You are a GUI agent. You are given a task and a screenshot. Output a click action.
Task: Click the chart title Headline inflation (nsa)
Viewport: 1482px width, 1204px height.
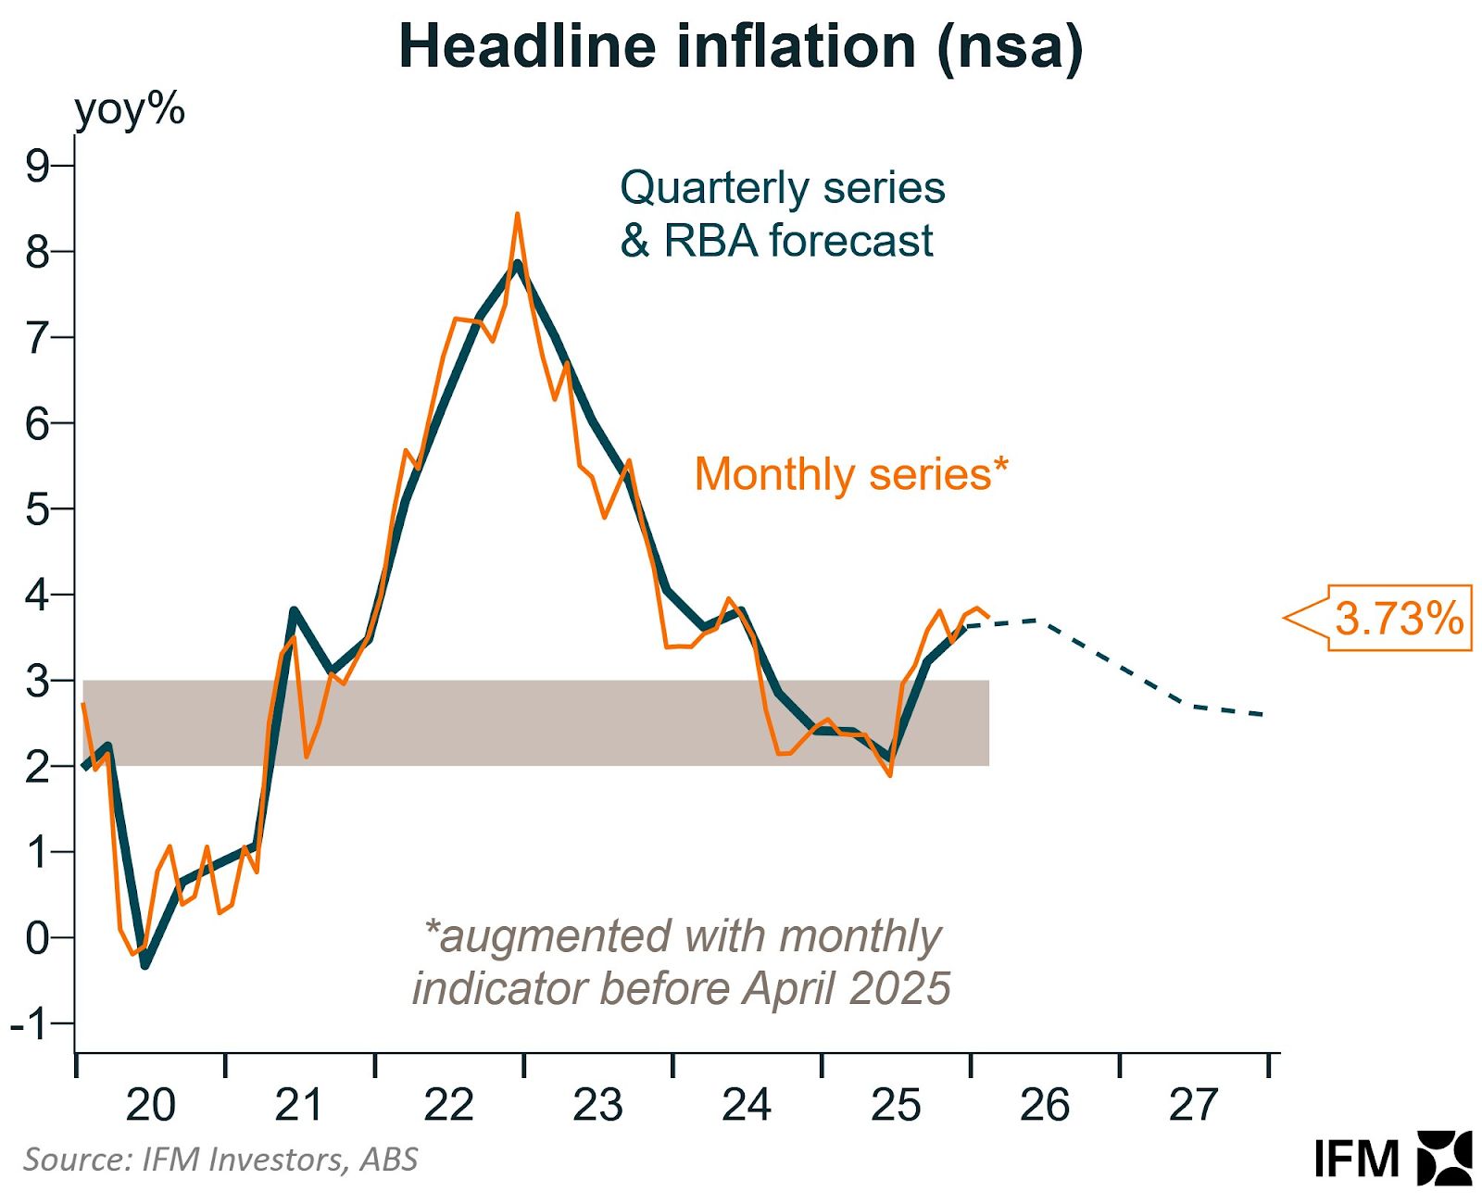[x=740, y=46]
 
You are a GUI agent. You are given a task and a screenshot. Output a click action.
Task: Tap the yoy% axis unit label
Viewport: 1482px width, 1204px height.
[x=130, y=109]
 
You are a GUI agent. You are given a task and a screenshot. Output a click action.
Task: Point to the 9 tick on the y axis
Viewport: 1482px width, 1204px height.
[x=38, y=167]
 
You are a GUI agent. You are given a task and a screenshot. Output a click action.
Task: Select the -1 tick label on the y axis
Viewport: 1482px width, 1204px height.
[x=29, y=1024]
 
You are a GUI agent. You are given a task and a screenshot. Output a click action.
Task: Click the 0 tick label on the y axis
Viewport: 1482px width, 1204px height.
[x=38, y=938]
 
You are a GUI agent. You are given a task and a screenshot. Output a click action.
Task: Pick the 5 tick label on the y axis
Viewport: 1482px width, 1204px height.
[x=38, y=509]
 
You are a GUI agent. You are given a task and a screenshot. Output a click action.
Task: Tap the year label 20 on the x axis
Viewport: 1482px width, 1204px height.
[x=150, y=1106]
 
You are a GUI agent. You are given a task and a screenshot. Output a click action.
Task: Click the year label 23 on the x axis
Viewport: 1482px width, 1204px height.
[x=597, y=1106]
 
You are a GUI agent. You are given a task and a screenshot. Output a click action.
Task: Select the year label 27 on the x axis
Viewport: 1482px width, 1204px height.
[x=1194, y=1106]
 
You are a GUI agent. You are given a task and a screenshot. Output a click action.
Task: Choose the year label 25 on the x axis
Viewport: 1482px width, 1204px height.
[x=896, y=1106]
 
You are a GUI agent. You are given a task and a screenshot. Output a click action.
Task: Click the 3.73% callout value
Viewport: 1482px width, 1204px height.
[x=1399, y=619]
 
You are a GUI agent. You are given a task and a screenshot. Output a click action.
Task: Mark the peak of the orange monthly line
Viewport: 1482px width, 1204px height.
[x=517, y=214]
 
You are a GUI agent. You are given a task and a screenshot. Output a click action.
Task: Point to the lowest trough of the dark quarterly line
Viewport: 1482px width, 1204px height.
[x=144, y=965]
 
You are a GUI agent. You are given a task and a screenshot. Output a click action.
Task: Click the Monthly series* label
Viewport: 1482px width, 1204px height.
[x=850, y=475]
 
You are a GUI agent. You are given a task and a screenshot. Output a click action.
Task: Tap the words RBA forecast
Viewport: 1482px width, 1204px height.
[x=798, y=241]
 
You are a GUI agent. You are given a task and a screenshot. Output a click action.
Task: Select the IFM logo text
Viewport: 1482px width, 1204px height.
[x=1356, y=1160]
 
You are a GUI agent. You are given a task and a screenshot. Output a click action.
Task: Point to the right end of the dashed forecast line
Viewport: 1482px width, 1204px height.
[x=1265, y=714]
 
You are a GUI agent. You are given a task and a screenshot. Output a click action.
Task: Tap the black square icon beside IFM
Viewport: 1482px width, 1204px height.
[x=1444, y=1158]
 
